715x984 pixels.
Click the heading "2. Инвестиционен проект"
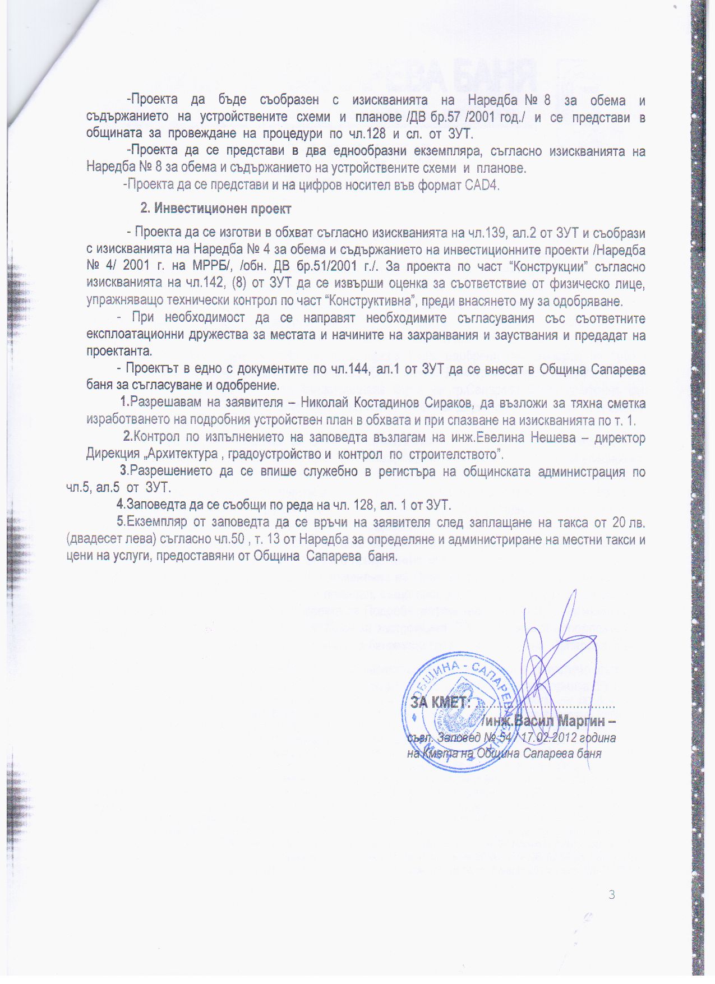coord(215,209)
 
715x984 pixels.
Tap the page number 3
coord(612,894)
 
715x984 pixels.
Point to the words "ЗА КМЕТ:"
coord(440,703)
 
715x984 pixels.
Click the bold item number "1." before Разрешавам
coord(125,403)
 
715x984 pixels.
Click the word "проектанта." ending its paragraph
coord(119,352)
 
